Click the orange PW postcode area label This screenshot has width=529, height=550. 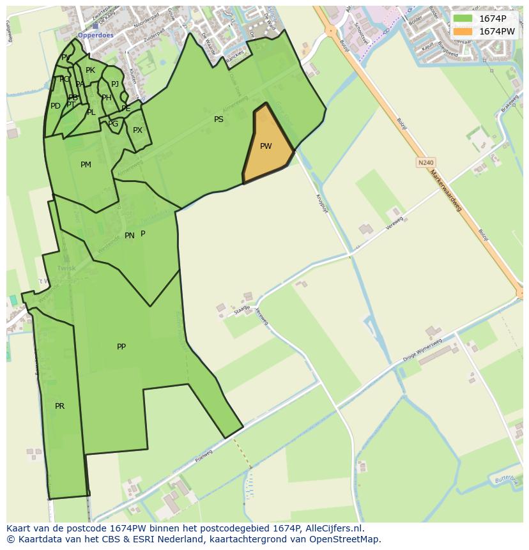[x=266, y=146]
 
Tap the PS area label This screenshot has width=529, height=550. [x=218, y=119]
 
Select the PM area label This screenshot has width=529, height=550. [x=86, y=165]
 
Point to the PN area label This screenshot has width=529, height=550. [x=129, y=236]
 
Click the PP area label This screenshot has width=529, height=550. [x=121, y=347]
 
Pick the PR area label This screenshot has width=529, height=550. [x=59, y=406]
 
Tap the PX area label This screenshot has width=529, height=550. [x=137, y=130]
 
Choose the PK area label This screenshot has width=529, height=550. [x=90, y=70]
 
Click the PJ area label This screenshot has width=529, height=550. [x=115, y=84]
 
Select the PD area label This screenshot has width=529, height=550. [x=56, y=106]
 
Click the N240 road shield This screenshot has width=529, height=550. [x=425, y=163]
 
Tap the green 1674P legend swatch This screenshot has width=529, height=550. [x=463, y=19]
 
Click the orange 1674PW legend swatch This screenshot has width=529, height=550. [x=463, y=31]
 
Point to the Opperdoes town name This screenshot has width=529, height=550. [x=95, y=36]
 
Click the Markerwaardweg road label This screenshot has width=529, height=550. [x=445, y=191]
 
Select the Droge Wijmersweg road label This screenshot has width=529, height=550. [x=422, y=351]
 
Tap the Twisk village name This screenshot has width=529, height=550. [x=66, y=268]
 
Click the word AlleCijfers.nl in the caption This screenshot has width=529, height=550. [x=332, y=529]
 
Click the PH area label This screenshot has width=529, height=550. [x=107, y=98]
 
